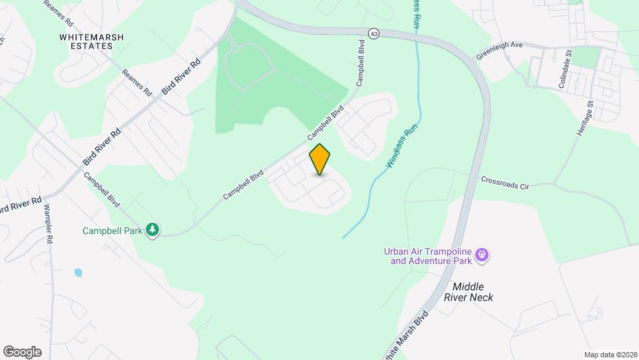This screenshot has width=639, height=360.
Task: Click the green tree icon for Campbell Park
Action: pyautogui.click(x=153, y=230)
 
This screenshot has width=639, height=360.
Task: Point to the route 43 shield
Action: pyautogui.click(x=374, y=33)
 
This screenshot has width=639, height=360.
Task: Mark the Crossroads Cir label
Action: pyautogui.click(x=505, y=183)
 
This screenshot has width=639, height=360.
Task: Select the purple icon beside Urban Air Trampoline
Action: pyautogui.click(x=483, y=255)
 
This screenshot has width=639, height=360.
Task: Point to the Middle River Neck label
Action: pyautogui.click(x=469, y=291)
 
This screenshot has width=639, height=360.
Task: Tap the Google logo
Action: pyautogui.click(x=22, y=351)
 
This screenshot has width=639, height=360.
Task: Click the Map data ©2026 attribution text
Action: pyautogui.click(x=609, y=354)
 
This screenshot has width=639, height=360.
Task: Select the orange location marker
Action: pyautogui.click(x=320, y=159)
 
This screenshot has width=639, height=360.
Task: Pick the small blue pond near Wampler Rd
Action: pyautogui.click(x=79, y=273)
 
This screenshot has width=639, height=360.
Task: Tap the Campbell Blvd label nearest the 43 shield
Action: pyautogui.click(x=361, y=65)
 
